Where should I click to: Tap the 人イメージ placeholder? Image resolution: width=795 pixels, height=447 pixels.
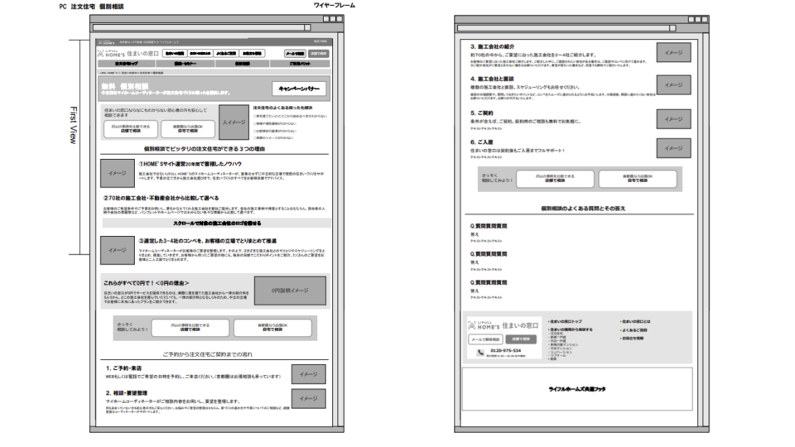[234, 122]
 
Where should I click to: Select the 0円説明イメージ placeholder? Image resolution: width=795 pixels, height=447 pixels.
[290, 291]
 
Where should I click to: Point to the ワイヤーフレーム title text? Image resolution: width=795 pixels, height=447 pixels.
[335, 5]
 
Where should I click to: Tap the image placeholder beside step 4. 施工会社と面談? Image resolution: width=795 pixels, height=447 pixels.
[673, 84]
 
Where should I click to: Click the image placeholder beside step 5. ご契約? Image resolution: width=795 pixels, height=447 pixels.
[673, 118]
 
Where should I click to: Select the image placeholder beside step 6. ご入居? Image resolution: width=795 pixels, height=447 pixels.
[673, 147]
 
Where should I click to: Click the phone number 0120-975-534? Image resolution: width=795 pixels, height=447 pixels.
[506, 350]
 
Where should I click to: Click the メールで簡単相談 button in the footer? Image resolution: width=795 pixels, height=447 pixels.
[485, 339]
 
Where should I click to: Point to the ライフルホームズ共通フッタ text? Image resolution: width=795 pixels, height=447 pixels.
[576, 388]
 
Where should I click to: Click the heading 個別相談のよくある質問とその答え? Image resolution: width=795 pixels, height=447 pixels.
[576, 209]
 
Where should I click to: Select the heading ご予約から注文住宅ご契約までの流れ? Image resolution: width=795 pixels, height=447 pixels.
[214, 353]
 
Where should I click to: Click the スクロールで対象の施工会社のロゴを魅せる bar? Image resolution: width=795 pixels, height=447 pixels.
[217, 223]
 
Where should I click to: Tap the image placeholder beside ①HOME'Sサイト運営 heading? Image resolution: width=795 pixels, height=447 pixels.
[118, 173]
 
